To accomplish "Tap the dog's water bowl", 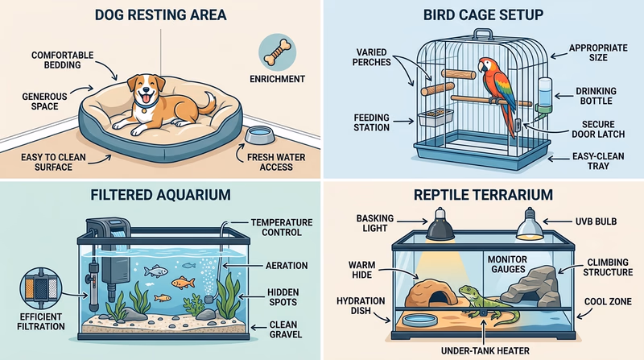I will [x=257, y=132].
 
